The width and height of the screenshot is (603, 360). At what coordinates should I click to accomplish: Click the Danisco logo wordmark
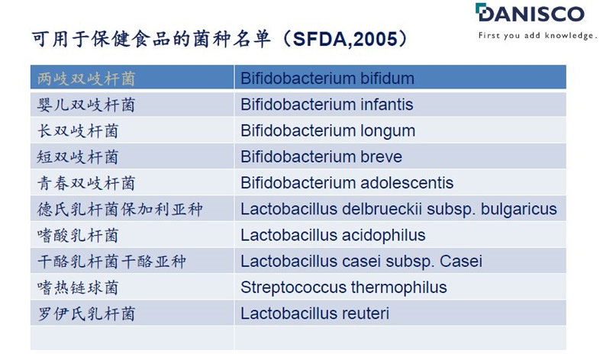click(x=530, y=13)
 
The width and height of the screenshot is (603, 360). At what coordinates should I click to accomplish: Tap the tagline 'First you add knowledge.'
click(x=537, y=36)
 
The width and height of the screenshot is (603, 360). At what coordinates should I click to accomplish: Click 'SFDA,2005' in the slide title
click(x=345, y=39)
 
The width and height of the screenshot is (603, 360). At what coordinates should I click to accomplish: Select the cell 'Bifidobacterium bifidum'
click(x=327, y=79)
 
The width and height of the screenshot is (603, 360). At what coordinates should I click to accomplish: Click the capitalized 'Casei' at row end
click(x=461, y=262)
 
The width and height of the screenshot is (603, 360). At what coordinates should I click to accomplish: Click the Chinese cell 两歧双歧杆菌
click(x=86, y=79)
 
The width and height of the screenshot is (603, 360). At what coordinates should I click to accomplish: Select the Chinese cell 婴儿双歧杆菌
click(x=86, y=105)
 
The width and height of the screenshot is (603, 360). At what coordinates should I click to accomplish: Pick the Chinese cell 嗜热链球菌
click(x=78, y=288)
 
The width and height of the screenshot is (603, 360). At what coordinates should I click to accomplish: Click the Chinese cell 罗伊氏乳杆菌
click(x=86, y=314)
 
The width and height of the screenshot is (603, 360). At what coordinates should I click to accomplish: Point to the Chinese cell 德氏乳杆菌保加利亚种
click(x=120, y=210)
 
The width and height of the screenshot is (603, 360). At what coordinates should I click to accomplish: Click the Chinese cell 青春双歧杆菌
click(x=86, y=183)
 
